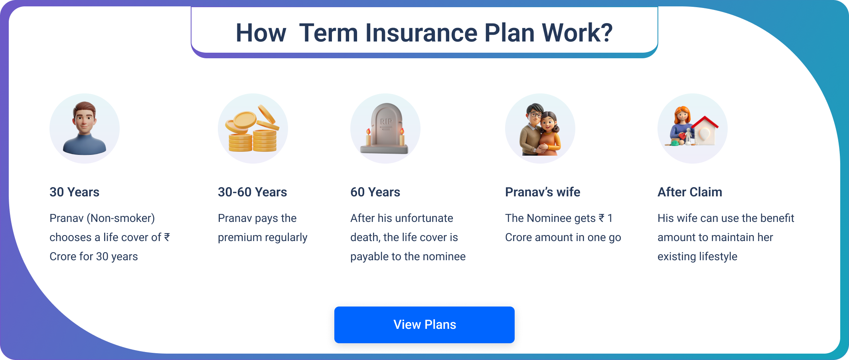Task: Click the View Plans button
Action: point(424,324)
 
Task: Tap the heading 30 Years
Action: point(74,192)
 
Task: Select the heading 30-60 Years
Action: point(252,192)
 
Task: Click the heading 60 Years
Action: point(375,192)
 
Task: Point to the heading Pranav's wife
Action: point(542,192)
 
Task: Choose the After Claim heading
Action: point(689,192)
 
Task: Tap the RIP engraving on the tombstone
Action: point(386,121)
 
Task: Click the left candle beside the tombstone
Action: point(368,137)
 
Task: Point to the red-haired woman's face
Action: point(682,115)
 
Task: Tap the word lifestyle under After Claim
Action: point(717,257)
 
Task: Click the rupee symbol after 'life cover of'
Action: point(167,237)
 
